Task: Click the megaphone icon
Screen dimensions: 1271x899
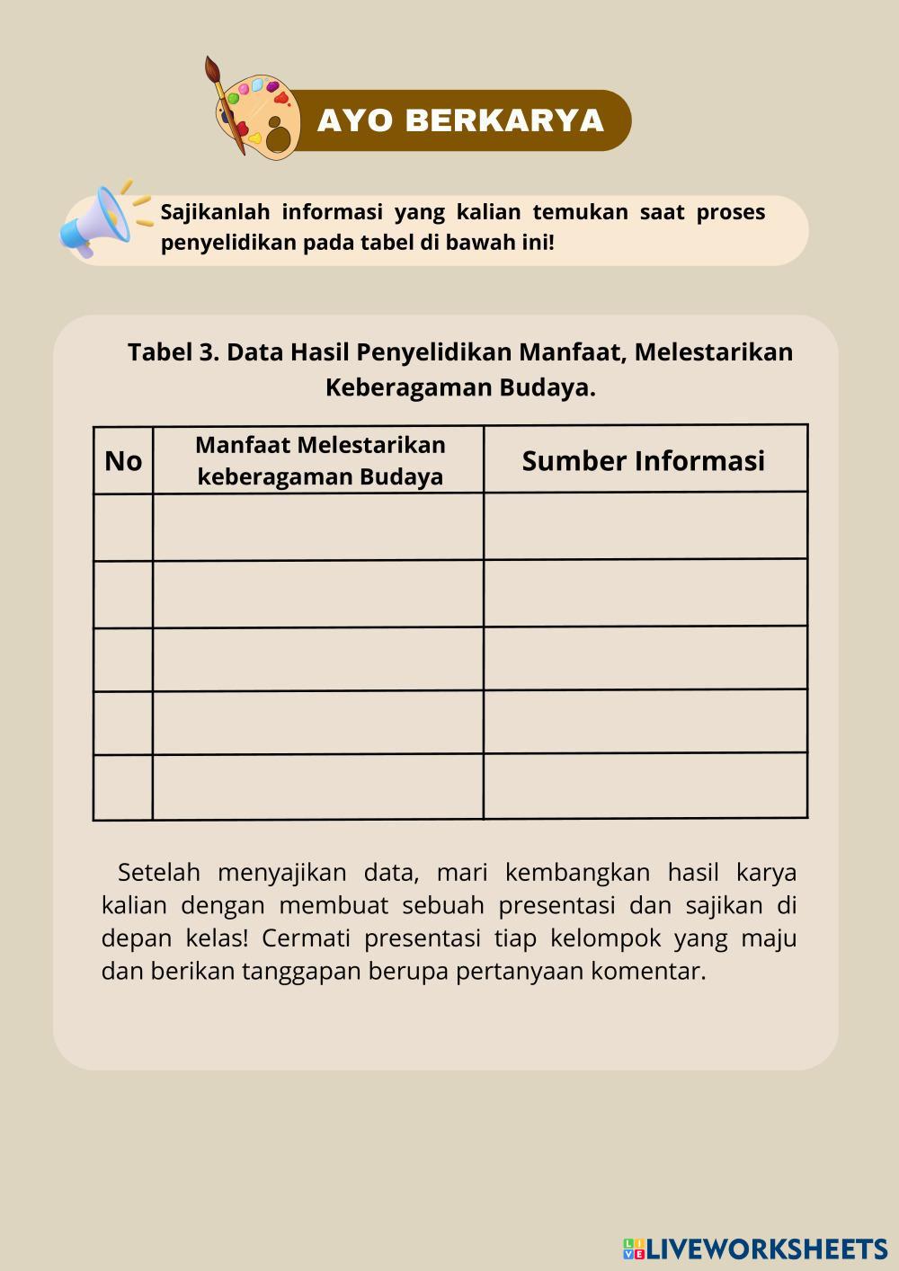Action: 95,222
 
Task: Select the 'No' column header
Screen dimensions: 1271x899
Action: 123,461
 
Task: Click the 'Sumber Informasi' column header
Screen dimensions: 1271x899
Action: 644,460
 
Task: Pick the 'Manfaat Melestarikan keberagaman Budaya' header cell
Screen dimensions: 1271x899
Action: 320,460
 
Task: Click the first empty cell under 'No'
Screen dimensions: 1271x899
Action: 123,528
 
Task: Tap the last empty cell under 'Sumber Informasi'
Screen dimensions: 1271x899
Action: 645,785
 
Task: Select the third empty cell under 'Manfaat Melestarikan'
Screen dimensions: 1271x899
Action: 318,659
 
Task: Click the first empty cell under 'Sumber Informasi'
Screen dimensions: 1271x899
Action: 645,526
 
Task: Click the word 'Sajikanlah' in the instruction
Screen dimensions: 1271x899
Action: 215,213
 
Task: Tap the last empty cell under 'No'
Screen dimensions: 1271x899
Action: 123,787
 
